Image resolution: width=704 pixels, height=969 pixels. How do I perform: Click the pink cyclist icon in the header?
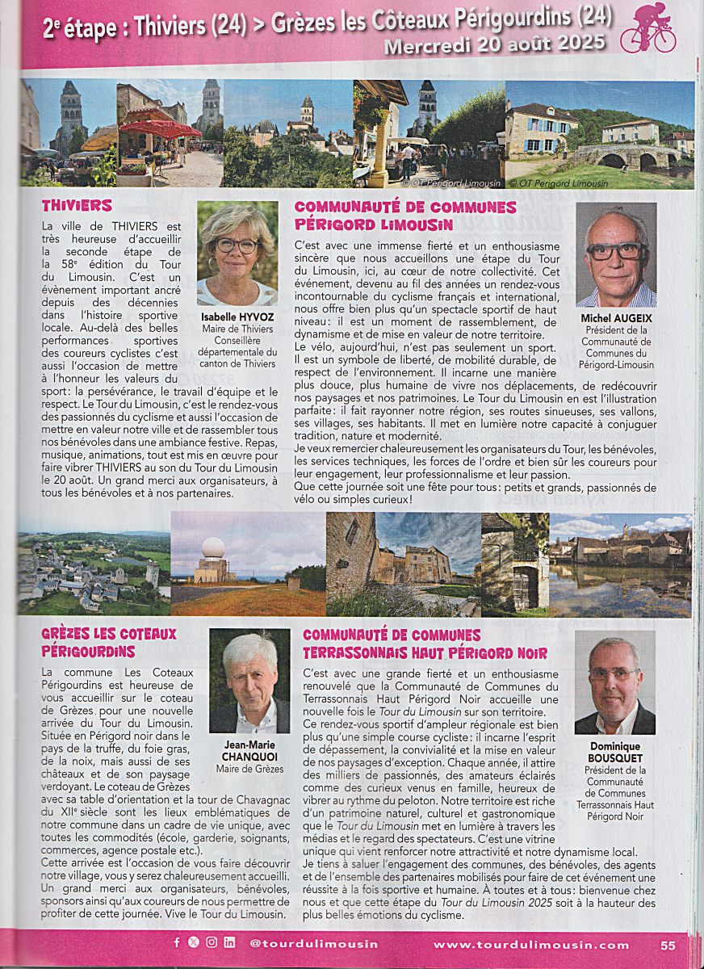point(647,28)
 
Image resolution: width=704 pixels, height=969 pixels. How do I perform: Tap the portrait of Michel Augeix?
point(616,255)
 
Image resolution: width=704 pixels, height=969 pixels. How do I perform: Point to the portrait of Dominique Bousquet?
point(615,682)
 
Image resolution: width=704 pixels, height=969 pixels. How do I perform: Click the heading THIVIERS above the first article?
point(77,206)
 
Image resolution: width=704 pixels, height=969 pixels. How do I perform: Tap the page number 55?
point(668,945)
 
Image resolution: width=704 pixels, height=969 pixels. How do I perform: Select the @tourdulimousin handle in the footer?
point(313,943)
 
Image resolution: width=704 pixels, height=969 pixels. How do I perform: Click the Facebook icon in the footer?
point(177,942)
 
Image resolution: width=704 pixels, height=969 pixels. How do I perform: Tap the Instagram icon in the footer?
point(212,942)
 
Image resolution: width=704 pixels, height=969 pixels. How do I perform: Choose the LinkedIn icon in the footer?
point(229,942)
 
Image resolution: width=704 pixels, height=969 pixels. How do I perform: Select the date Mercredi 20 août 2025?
point(494,45)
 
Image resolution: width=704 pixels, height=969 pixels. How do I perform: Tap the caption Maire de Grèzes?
point(249,769)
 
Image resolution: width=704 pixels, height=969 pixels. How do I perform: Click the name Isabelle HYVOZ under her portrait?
point(237,317)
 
